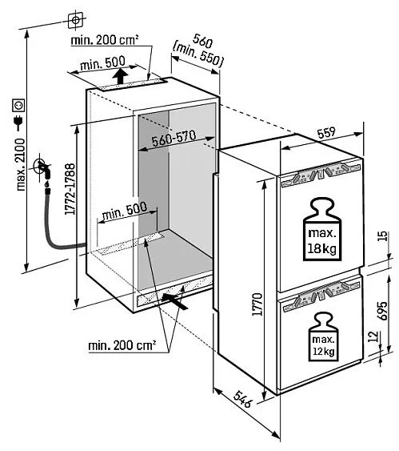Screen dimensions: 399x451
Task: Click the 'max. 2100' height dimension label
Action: coord(21,164)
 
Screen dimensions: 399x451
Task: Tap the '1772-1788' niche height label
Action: coord(70,189)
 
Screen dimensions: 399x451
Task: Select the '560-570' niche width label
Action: coord(174,139)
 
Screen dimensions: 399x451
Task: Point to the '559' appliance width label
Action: coord(326,132)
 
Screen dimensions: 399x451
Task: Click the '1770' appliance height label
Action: coord(257,304)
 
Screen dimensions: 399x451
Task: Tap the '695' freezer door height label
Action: coord(382,311)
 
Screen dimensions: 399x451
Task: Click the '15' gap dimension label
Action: coord(383,236)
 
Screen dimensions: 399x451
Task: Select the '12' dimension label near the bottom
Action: coord(373,336)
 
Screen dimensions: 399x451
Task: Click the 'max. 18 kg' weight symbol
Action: coord(322,229)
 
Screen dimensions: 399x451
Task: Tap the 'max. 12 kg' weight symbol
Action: coord(323,336)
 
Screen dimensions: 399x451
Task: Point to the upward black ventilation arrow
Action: coord(120,75)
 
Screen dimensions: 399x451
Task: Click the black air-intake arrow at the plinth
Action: coord(175,300)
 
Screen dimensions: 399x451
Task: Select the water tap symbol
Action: coord(42,169)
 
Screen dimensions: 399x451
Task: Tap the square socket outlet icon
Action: coord(18,105)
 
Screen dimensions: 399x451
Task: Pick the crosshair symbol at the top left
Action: coord(75,20)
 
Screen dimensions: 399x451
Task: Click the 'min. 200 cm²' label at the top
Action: coord(105,40)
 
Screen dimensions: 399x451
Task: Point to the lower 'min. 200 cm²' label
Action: coord(122,345)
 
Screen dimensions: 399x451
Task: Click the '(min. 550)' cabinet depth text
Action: coord(198,55)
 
